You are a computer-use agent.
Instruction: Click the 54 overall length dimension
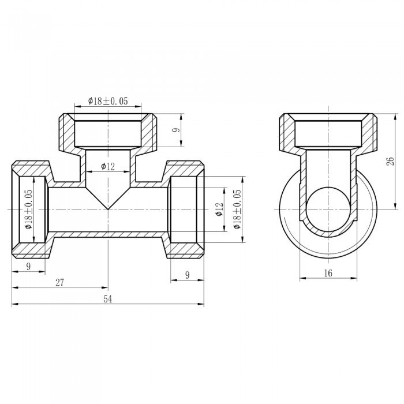[x=107, y=299]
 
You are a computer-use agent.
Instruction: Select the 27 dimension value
[x=59, y=282]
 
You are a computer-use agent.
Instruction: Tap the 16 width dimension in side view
[x=328, y=274]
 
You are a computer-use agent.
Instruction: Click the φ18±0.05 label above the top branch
[x=108, y=101]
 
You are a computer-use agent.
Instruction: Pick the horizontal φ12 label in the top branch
[x=108, y=167]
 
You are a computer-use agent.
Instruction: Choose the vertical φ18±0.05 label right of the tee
[x=237, y=210]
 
